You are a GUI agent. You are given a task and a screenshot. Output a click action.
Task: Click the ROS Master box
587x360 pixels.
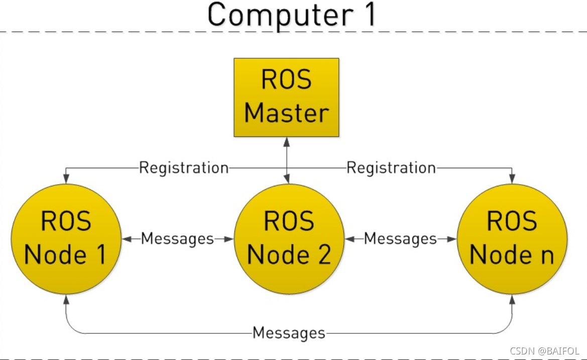(x=286, y=97)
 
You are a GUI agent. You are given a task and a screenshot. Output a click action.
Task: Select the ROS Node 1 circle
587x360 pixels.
(x=66, y=239)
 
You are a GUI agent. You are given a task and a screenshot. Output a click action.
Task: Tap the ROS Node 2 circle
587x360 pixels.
(x=289, y=239)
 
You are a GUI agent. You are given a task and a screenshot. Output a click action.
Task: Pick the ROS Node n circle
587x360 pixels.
(x=512, y=239)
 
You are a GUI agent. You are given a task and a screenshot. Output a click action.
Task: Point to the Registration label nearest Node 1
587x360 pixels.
(x=184, y=168)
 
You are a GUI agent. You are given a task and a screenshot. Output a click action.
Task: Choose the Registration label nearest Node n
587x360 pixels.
(x=391, y=168)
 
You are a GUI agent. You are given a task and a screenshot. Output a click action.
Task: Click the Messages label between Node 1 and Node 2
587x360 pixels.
(x=177, y=239)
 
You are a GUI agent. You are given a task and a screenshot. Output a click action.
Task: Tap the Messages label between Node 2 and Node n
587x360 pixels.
(x=400, y=239)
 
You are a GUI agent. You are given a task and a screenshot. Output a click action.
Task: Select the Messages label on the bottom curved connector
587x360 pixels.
(x=289, y=333)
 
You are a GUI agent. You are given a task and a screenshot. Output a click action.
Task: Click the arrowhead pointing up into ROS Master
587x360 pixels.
(x=286, y=142)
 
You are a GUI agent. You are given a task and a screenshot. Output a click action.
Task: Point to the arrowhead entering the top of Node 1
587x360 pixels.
(x=66, y=179)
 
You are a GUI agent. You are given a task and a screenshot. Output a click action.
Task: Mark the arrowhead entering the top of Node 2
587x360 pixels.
(x=287, y=179)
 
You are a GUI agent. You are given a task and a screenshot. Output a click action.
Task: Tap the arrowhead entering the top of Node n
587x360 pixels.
(x=512, y=179)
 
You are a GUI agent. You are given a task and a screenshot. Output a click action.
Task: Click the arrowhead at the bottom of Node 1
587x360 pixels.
(x=66, y=299)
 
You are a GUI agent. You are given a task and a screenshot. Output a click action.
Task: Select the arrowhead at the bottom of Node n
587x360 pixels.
(x=512, y=299)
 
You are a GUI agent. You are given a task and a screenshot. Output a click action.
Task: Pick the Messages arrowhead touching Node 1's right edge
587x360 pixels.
(x=127, y=239)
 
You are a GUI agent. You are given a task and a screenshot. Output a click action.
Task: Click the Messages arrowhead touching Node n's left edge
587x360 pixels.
(x=452, y=239)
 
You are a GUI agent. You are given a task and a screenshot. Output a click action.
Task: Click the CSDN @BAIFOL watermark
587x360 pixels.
(x=545, y=350)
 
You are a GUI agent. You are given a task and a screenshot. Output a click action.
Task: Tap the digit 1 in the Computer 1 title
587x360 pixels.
(x=370, y=14)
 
